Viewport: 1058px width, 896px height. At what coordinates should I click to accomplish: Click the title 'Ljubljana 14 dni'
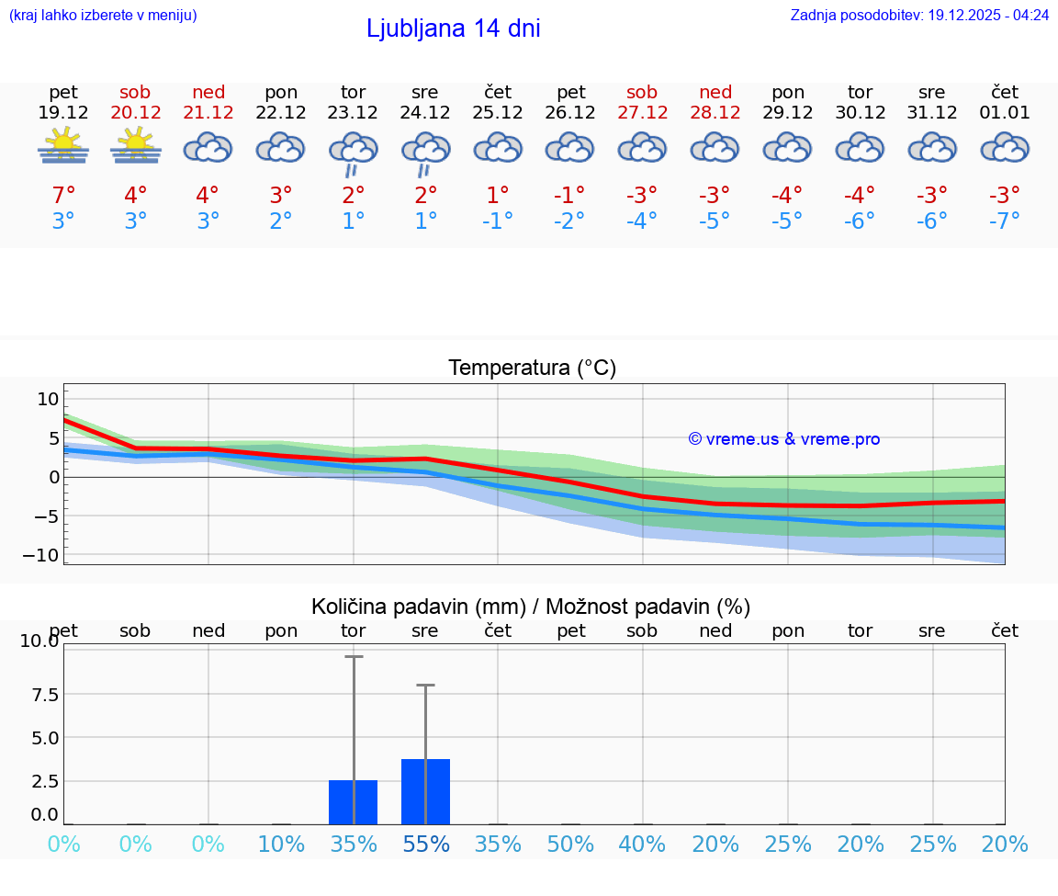(453, 28)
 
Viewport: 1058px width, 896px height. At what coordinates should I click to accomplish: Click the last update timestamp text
(919, 15)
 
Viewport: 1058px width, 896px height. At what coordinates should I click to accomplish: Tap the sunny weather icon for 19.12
(63, 146)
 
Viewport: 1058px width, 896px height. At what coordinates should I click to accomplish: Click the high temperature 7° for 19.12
(63, 196)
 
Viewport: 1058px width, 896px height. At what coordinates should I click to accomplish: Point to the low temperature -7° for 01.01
(1005, 221)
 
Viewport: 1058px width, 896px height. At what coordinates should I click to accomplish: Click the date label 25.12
(498, 113)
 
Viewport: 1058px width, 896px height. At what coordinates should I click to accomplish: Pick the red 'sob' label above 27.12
(642, 92)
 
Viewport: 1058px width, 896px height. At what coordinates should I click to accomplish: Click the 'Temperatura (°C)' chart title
(532, 369)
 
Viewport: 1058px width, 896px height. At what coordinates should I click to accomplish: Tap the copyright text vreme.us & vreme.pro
(783, 439)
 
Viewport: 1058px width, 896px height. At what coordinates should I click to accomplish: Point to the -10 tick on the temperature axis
(48, 555)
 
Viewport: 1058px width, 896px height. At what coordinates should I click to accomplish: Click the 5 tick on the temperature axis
(54, 437)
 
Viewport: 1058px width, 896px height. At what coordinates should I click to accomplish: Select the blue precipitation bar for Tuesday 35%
(354, 802)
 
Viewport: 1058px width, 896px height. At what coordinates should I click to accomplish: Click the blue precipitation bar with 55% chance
(425, 791)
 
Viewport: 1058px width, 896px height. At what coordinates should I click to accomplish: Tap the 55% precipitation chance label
(425, 844)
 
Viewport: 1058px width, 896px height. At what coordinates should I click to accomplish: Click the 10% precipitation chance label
(281, 844)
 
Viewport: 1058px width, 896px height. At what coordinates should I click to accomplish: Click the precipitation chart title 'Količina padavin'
(531, 607)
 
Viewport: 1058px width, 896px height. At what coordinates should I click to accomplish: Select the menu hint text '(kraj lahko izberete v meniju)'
(103, 15)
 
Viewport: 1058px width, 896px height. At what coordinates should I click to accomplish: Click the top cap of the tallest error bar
(354, 656)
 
